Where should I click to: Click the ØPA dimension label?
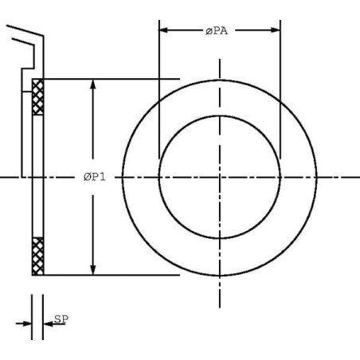[x=217, y=31]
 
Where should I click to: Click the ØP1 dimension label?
[x=95, y=177]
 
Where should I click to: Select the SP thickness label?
[x=61, y=319]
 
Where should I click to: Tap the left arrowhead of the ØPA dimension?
[x=163, y=30]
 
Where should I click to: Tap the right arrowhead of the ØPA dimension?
[x=276, y=30]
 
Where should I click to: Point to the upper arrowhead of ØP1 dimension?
[x=92, y=84]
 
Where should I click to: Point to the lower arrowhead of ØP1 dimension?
[x=92, y=270]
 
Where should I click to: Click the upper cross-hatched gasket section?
[x=37, y=97]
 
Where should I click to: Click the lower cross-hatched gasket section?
[x=37, y=256]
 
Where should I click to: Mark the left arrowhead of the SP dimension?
[x=27, y=323]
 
